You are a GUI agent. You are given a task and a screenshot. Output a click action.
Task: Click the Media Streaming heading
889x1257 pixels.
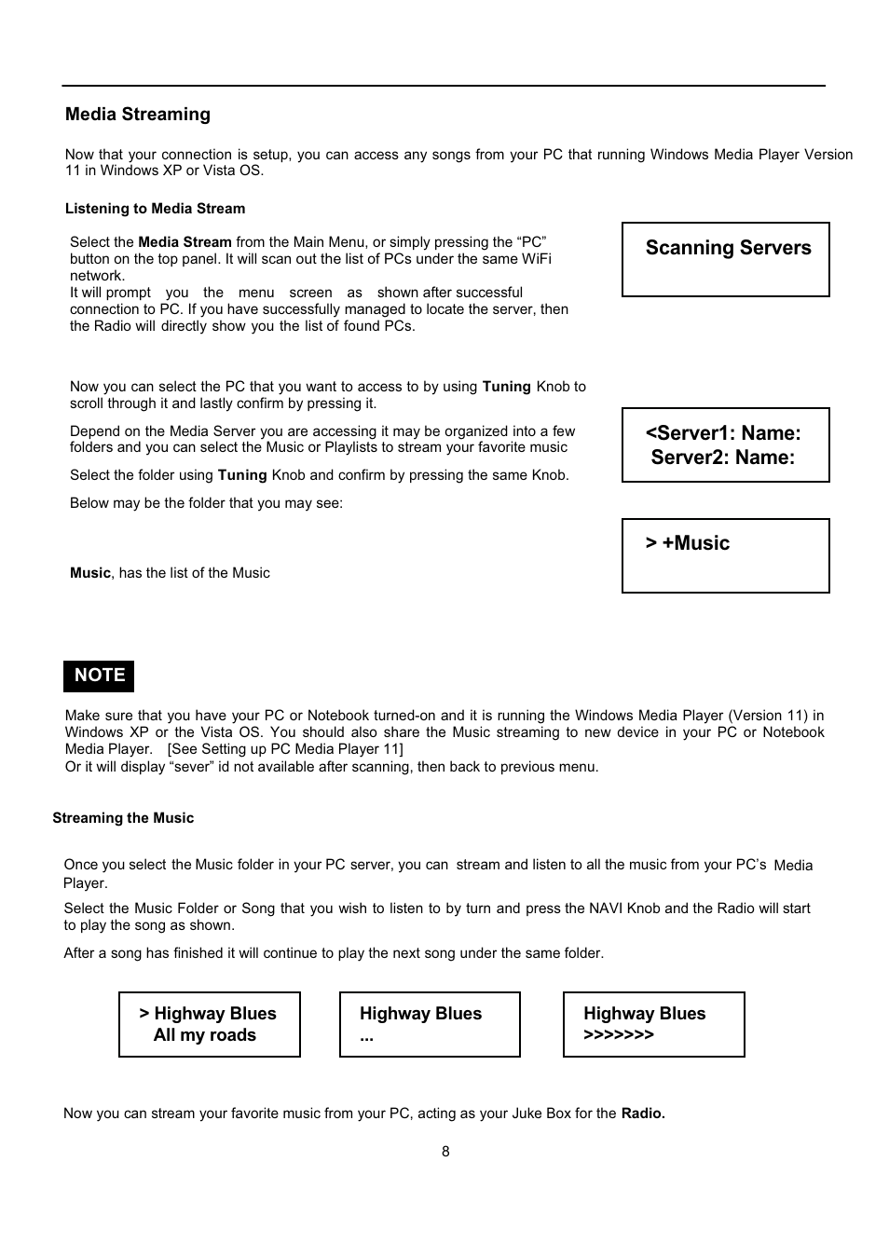tap(138, 115)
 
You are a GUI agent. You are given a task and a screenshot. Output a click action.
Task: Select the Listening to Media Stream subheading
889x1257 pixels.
tap(155, 209)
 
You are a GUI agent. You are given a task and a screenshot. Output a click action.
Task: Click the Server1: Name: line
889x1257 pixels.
tap(723, 433)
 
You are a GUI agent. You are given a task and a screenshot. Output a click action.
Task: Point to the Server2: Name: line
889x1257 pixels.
tap(723, 458)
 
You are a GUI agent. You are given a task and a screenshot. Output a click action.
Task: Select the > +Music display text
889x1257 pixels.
tap(688, 543)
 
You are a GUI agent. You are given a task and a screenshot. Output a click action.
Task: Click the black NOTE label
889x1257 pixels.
tap(99, 676)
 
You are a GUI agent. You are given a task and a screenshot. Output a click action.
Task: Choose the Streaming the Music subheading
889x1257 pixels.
tap(123, 818)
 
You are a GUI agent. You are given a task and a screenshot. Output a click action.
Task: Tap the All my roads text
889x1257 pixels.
tap(205, 1035)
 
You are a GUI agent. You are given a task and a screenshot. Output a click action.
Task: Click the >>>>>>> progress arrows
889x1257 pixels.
tap(619, 1035)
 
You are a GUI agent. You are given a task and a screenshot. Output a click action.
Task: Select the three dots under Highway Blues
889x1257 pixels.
tap(367, 1037)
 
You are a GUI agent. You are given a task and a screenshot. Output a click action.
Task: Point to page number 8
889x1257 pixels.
tap(445, 1152)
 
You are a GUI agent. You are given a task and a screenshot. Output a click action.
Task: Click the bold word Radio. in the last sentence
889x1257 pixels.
tap(643, 1114)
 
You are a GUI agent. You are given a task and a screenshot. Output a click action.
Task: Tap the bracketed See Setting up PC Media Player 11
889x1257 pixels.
tap(285, 749)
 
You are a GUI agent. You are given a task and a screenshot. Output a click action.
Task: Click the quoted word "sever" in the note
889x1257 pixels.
tap(193, 767)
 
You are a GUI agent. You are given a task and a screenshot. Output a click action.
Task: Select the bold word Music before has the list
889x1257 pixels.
tap(89, 573)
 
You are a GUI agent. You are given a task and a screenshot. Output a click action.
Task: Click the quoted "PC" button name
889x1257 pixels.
tap(532, 242)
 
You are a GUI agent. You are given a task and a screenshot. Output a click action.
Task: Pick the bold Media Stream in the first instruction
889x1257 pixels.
tap(185, 242)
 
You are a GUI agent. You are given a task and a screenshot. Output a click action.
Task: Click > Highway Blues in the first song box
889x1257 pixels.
tap(208, 1014)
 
